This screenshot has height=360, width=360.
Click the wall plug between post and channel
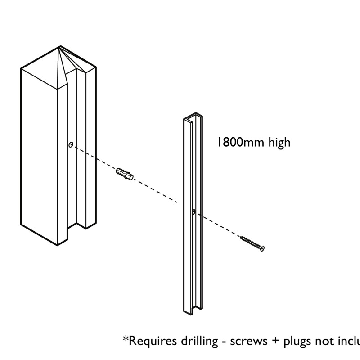pos(125,173)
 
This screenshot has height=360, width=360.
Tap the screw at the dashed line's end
pos(252,243)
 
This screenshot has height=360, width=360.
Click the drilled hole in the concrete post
pos(71,144)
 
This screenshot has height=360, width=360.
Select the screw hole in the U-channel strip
pos(193,211)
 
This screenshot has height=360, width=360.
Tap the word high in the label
pos(279,143)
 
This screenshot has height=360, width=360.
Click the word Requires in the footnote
pos(150,341)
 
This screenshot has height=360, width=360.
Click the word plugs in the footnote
pos(297,341)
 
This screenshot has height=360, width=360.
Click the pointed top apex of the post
pos(60,46)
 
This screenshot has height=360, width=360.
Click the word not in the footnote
pos(324,341)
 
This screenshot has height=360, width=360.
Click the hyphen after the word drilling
pos(223,342)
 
